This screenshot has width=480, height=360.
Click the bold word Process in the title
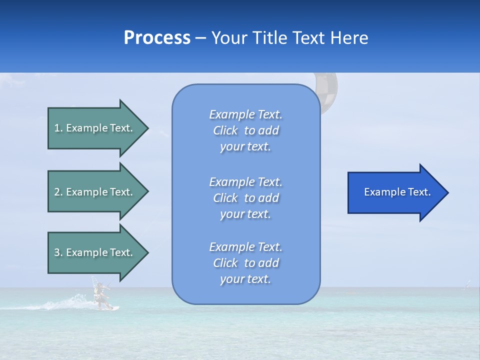157,38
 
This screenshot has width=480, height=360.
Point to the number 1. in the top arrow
58,128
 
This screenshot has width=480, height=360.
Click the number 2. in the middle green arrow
58,192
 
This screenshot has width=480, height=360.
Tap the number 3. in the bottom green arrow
58,252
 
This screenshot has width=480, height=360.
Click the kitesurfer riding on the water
101,295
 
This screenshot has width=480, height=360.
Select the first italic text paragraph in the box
245,130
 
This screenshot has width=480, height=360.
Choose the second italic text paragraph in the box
245,198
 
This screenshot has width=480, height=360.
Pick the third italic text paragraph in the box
245,263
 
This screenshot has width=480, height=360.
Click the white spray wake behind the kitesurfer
65,303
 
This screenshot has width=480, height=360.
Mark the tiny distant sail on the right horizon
467,284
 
